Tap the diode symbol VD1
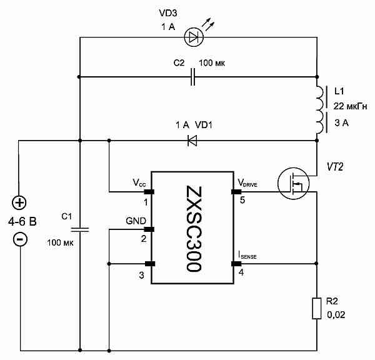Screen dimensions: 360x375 tap(192, 140)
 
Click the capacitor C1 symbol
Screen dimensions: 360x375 tap(79, 229)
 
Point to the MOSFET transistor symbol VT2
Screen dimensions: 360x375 tap(294, 182)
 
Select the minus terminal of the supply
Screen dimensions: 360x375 tap(20, 239)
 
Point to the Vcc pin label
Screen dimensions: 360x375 tap(141, 183)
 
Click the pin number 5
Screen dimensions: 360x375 tap(241, 201)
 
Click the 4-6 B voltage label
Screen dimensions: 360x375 tap(21, 222)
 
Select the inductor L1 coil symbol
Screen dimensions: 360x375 tap(319, 109)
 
